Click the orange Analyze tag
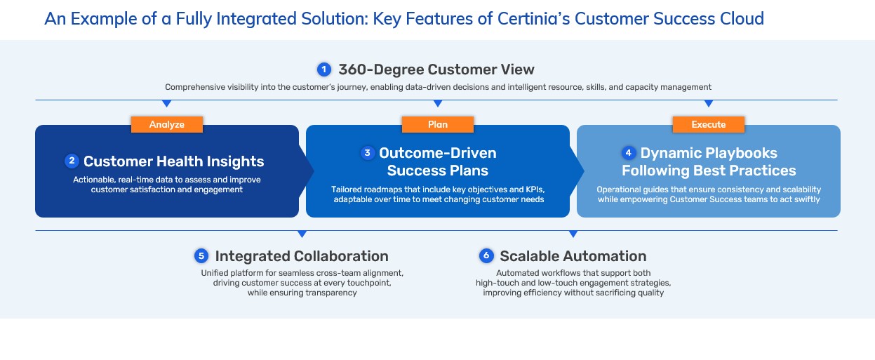coord(167,124)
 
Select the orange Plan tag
coord(437,124)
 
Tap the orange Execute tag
coord(708,124)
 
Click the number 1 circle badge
coord(323,69)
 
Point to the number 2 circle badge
coord(71,161)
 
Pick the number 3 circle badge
coord(367,153)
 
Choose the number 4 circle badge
coord(628,153)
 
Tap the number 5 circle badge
coord(201,256)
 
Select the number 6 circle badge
coord(486,256)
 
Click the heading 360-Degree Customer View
coord(436,69)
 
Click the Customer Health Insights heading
coord(173,161)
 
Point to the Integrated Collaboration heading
coord(302,256)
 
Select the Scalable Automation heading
coord(573,256)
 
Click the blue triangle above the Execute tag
coord(708,103)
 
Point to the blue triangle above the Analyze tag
coord(167,103)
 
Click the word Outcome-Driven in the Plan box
coord(437,153)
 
